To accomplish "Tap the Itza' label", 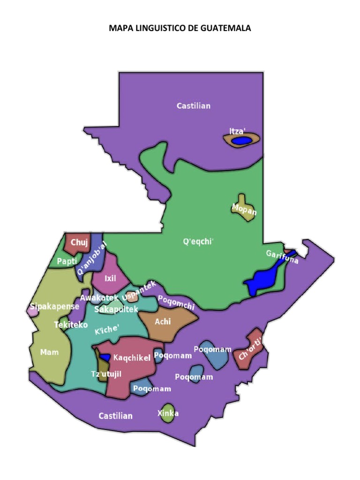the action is (x=237, y=131).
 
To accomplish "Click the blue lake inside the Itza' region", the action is (x=242, y=140).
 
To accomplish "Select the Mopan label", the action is (x=244, y=210).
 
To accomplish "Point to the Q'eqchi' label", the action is (x=198, y=242).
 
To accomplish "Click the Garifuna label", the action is (x=282, y=256).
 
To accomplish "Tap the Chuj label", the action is (x=79, y=242).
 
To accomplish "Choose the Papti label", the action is (x=67, y=262).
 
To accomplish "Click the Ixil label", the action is (x=110, y=278).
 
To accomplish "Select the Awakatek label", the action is (x=99, y=297).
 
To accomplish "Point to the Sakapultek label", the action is (x=116, y=309).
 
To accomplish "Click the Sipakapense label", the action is (x=54, y=307).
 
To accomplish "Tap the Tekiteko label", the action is (x=71, y=324).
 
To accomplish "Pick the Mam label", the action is (x=49, y=352).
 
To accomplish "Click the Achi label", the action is (x=163, y=322).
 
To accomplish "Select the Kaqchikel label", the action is (x=132, y=358).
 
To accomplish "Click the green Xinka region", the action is (x=167, y=413).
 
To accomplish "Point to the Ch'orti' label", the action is (x=249, y=350).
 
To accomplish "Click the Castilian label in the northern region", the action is (x=193, y=106).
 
